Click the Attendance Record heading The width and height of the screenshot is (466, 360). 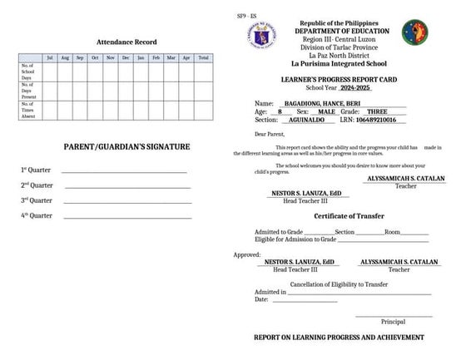click(126, 41)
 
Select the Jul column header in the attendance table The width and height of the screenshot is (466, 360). click(49, 57)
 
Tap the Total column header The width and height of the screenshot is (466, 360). click(202, 57)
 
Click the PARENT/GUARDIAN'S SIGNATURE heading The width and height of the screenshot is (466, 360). click(126, 146)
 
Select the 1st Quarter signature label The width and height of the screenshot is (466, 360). click(37, 170)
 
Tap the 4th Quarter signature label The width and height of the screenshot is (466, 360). click(37, 216)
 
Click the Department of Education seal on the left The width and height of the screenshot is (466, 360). click(264, 34)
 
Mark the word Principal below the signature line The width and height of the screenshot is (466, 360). click(393, 321)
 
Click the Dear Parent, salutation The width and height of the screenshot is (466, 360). click(270, 133)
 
